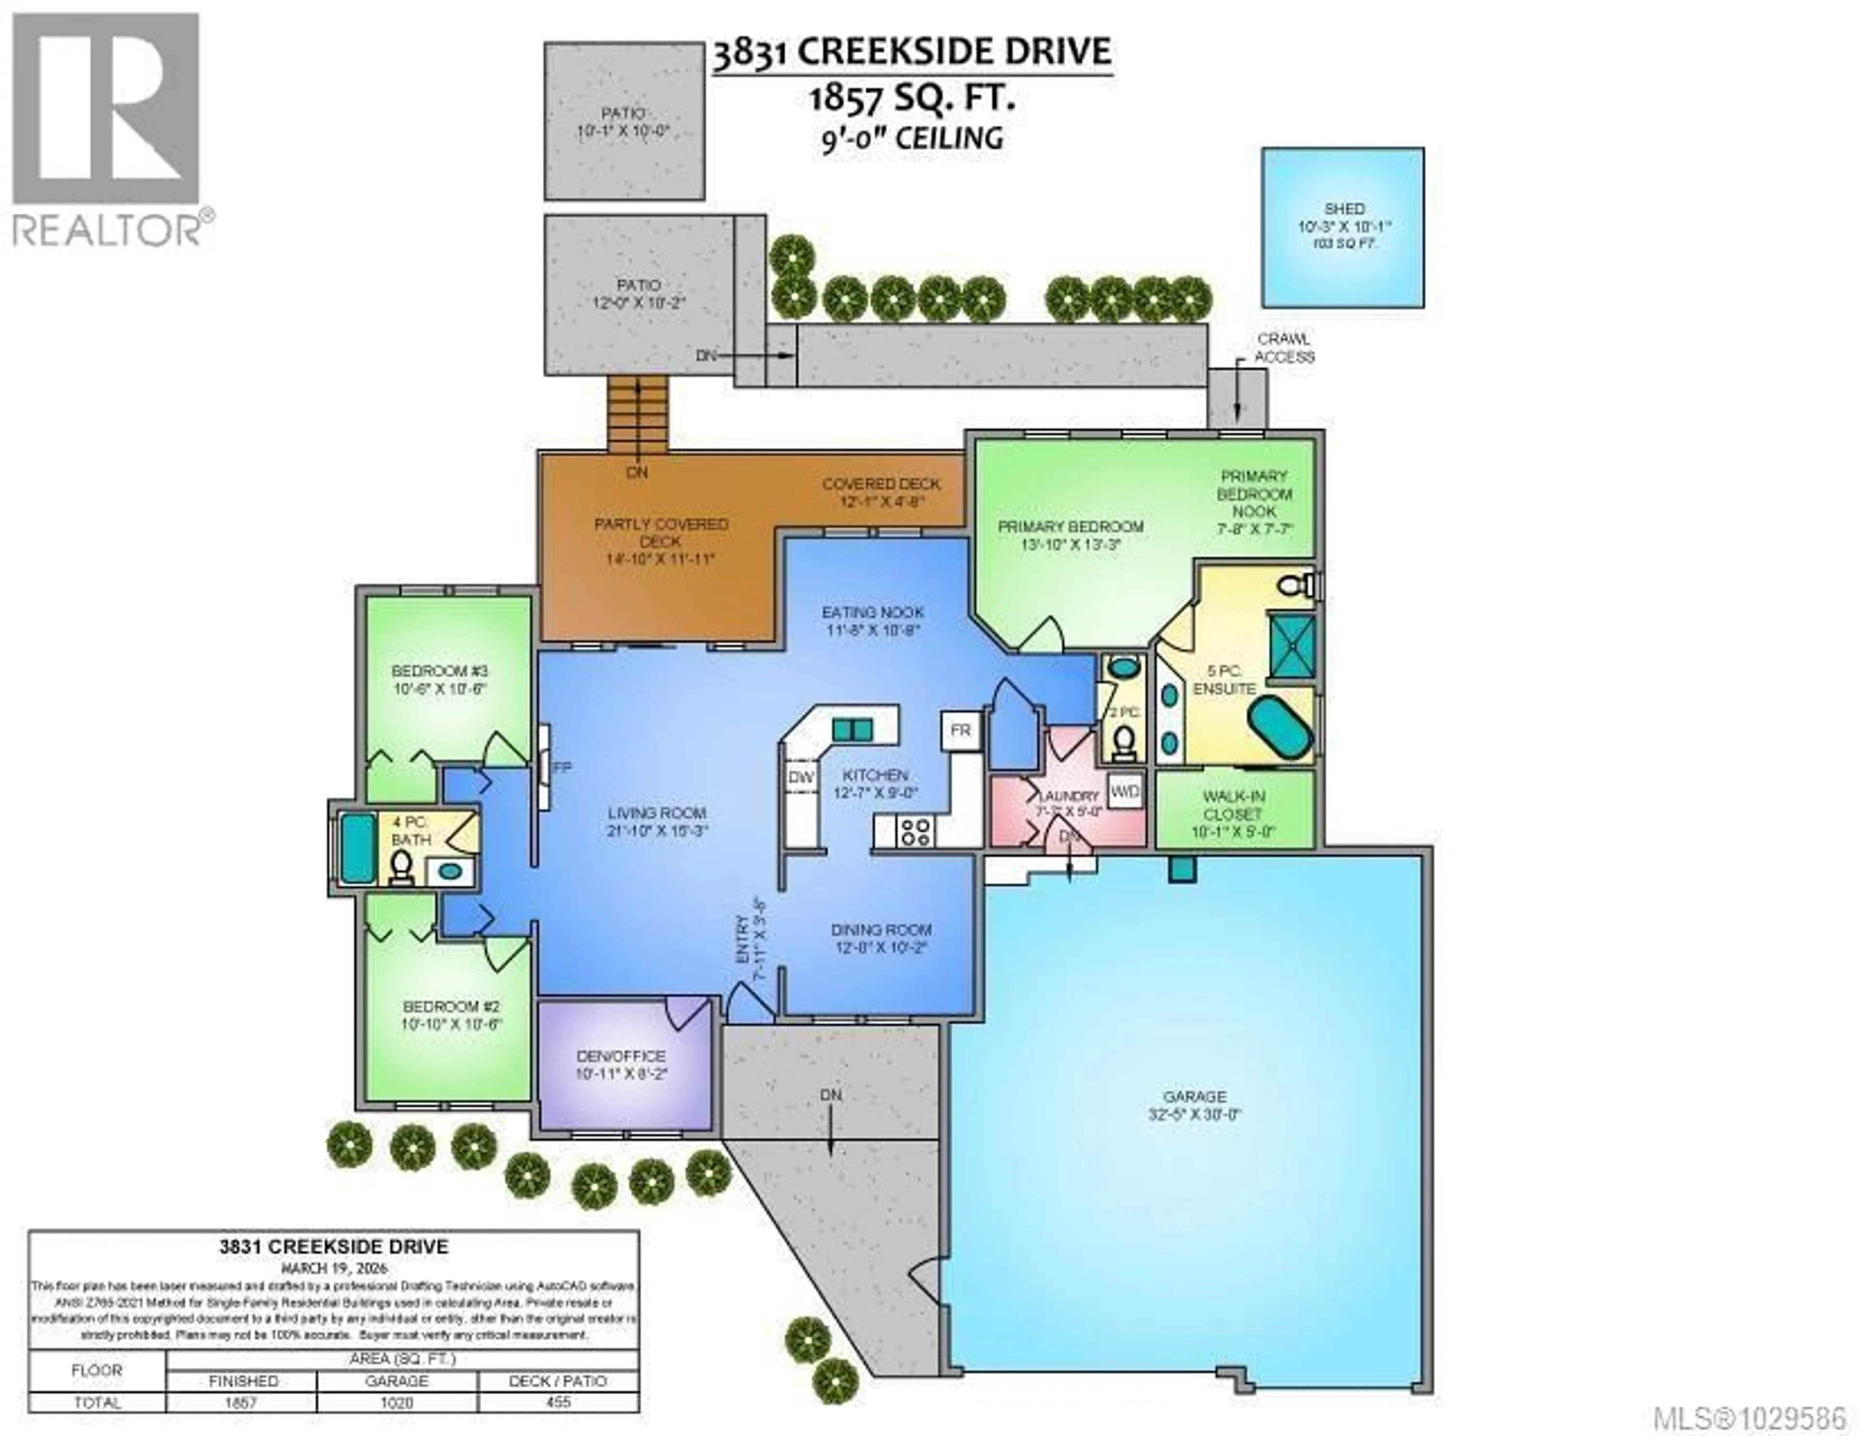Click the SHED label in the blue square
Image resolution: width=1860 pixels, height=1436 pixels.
coord(1343,209)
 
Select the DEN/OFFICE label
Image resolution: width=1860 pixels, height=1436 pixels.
coord(621,1056)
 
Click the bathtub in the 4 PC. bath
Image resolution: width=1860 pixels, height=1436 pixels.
coord(357,848)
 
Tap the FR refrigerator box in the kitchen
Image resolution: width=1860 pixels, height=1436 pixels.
coord(960,731)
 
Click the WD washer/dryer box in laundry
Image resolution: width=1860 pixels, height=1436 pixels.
coord(1124,791)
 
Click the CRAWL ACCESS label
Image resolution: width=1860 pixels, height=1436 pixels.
coord(1284,348)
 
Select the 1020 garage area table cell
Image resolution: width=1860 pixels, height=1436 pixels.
coord(397,1402)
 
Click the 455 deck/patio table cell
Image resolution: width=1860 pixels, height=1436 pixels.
coord(558,1402)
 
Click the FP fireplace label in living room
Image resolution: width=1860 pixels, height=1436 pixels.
coord(561,767)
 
